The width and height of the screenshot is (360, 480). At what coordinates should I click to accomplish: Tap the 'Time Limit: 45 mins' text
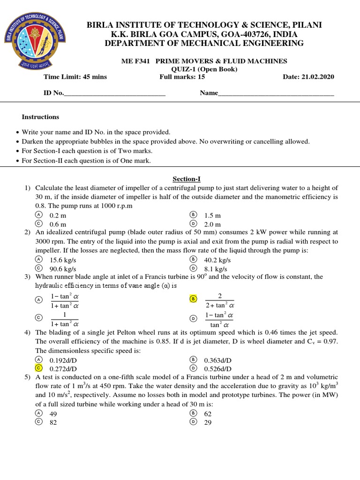(x=75, y=77)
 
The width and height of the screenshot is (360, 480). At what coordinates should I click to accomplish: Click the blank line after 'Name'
(x=276, y=93)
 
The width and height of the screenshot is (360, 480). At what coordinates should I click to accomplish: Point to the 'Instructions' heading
(x=41, y=117)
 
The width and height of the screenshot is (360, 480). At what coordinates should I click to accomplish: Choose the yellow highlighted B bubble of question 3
(x=193, y=298)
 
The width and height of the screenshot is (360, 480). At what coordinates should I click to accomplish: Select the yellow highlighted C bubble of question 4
(x=39, y=368)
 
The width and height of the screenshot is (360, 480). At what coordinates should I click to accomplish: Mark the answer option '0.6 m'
(x=58, y=224)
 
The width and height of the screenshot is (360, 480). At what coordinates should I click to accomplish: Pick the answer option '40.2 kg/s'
(x=217, y=260)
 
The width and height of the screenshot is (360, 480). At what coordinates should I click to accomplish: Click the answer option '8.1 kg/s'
(x=216, y=269)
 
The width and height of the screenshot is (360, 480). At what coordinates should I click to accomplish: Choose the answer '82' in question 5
(x=53, y=422)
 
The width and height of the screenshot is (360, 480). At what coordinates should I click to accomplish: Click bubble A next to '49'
(x=39, y=413)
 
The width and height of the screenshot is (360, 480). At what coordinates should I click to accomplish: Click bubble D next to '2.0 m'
(x=193, y=224)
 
